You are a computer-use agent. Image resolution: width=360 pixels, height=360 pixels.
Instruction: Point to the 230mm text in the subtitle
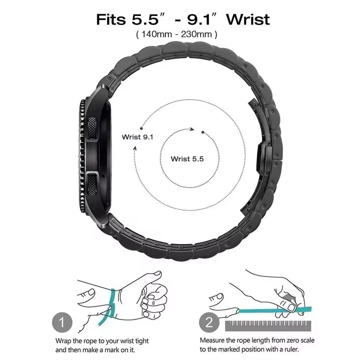click(196, 34)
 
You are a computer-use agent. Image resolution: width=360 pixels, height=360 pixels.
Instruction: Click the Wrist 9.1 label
click(138, 137)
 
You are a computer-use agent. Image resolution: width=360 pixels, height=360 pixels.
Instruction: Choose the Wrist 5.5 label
click(187, 159)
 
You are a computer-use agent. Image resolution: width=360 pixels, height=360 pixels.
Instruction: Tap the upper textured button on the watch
click(92, 129)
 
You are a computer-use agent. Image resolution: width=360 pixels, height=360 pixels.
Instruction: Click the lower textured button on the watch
click(92, 184)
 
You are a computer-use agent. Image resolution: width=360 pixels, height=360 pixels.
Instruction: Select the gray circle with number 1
click(62, 322)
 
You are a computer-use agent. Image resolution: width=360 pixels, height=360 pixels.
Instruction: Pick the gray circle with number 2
click(209, 322)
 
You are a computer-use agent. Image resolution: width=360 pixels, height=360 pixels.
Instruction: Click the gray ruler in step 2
click(268, 326)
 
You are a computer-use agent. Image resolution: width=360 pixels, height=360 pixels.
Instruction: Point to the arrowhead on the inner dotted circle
click(192, 129)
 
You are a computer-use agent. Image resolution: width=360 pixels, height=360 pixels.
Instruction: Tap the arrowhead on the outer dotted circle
click(135, 148)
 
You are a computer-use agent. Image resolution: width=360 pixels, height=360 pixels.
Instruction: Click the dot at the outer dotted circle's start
click(141, 129)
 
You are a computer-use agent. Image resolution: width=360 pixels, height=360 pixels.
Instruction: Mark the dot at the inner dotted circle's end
click(203, 132)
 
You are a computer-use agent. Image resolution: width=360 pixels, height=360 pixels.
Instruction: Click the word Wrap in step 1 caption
click(63, 341)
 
